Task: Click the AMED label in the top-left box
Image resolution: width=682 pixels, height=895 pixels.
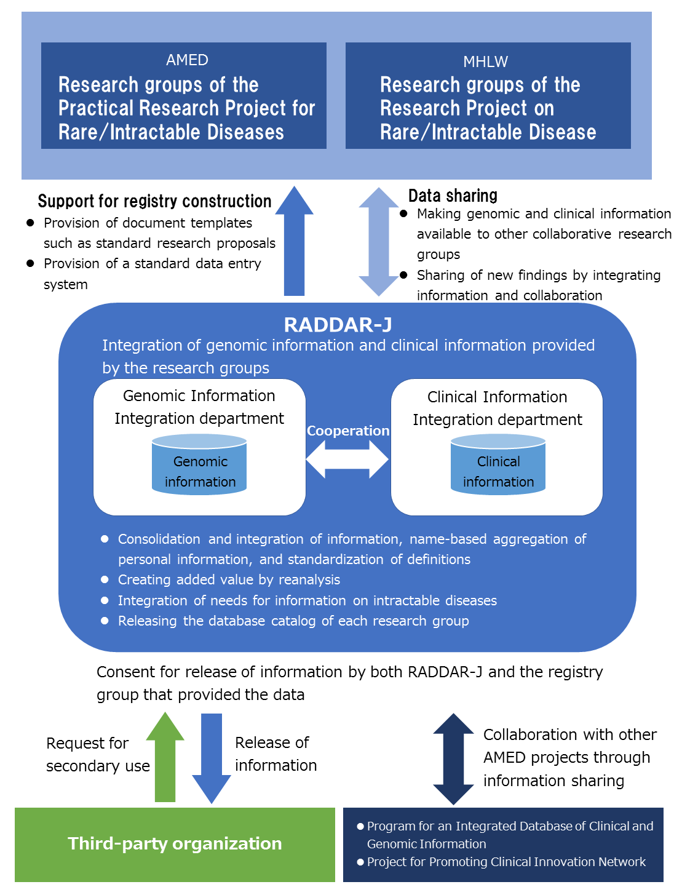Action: click(187, 60)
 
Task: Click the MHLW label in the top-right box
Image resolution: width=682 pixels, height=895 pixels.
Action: click(485, 62)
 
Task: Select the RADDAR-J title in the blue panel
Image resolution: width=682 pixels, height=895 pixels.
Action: click(338, 325)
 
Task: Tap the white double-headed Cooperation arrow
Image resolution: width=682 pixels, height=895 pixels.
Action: click(347, 459)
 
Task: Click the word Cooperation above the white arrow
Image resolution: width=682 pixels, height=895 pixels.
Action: click(347, 431)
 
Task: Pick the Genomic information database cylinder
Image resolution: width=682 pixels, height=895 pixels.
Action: click(199, 464)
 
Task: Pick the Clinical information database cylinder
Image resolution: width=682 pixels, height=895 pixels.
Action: click(498, 464)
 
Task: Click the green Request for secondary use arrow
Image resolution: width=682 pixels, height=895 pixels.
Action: click(165, 757)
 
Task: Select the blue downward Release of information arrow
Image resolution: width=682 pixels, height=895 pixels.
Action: click(212, 758)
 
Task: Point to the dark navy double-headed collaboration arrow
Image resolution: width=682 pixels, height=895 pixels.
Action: click(453, 759)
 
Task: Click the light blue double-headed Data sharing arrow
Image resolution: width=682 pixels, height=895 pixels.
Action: click(379, 242)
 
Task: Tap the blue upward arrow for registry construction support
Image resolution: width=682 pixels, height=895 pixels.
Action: click(295, 241)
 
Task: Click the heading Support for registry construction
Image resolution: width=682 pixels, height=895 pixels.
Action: click(154, 201)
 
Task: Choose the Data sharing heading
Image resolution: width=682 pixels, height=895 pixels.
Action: click(453, 196)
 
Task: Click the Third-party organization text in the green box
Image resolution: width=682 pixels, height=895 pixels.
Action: click(175, 843)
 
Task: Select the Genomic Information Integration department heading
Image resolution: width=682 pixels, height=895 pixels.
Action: click(199, 407)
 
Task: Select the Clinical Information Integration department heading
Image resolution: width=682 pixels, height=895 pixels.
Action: click(498, 408)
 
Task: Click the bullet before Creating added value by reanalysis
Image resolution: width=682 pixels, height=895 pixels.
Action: click(105, 579)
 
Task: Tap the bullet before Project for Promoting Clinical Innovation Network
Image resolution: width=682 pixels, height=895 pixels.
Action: click(360, 862)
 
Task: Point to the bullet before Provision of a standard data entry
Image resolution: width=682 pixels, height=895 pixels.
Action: click(30, 263)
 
